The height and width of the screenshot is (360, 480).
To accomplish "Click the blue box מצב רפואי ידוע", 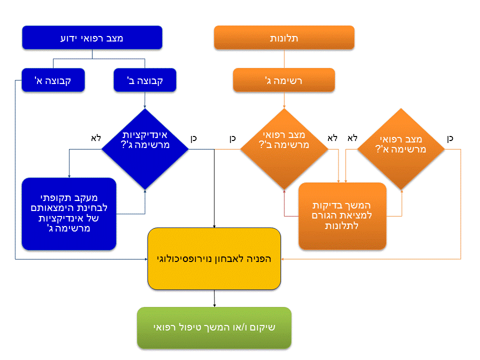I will (x=92, y=38).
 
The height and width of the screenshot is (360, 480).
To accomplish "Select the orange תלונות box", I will (x=284, y=38).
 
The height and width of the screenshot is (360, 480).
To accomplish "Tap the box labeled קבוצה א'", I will (x=53, y=80).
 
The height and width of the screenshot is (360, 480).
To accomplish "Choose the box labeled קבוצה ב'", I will (x=145, y=80).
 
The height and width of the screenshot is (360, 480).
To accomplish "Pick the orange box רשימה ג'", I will (x=284, y=80).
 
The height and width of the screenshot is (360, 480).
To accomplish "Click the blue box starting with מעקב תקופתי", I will (x=69, y=213).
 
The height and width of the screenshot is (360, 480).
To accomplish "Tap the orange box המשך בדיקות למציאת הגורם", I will (x=342, y=216).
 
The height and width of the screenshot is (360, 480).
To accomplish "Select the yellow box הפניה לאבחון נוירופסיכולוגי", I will (x=214, y=258).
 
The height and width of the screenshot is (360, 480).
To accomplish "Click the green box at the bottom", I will (x=214, y=328).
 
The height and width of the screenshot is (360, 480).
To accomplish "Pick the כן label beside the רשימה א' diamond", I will (x=450, y=138).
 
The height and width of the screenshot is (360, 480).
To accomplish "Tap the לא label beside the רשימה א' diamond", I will (x=352, y=138).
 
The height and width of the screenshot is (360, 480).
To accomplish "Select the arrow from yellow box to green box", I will (x=214, y=298).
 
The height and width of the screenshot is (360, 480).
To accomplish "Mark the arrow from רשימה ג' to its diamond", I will (x=284, y=100).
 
